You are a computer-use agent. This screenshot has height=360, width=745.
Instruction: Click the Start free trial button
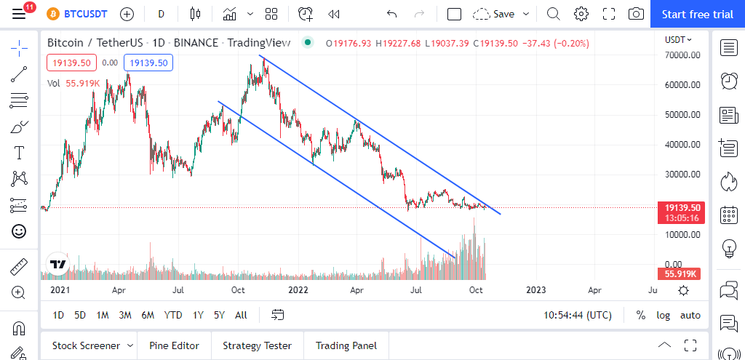(x=697, y=14)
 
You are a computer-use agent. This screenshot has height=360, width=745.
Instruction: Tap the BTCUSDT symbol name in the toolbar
(x=86, y=14)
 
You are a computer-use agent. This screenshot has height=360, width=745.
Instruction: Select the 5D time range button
(x=80, y=315)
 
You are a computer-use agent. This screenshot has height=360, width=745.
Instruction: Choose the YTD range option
(x=173, y=315)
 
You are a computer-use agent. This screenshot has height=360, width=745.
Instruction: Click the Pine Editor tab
(x=175, y=345)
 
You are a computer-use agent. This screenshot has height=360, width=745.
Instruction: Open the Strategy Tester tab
(x=257, y=345)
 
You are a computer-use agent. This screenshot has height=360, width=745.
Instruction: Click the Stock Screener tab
(x=87, y=345)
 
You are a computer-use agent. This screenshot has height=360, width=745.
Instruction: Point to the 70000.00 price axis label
(x=682, y=55)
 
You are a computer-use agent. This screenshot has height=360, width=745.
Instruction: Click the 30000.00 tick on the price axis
(x=682, y=175)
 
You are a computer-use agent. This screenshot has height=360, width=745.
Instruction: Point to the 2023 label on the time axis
(x=535, y=289)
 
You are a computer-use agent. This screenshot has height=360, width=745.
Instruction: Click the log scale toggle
(x=664, y=315)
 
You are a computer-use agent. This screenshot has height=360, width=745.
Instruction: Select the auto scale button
(x=690, y=315)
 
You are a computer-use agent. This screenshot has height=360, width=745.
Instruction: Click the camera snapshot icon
(x=636, y=14)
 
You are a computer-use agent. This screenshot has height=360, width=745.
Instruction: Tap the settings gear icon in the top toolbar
(x=581, y=14)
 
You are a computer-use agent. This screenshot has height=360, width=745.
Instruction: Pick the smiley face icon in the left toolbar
(x=19, y=231)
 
